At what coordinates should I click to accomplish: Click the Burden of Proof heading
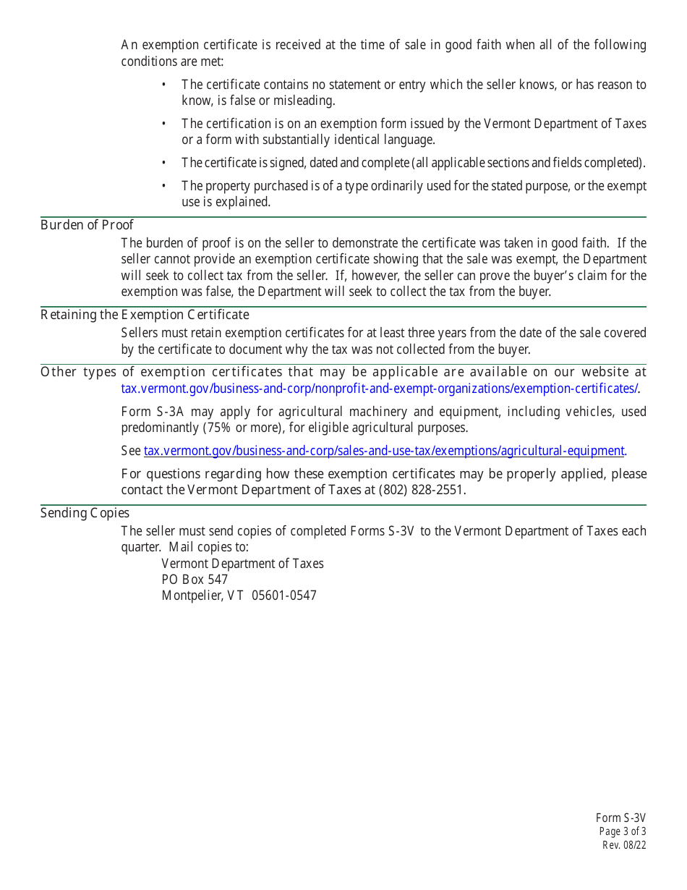pos(87,225)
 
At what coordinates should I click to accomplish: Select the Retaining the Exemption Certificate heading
pos(145,315)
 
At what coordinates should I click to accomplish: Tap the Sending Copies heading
pos(85,513)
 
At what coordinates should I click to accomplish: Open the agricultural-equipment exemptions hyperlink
pos(384,451)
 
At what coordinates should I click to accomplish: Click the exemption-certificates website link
pos(379,389)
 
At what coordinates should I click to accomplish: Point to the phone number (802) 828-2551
pos(422,490)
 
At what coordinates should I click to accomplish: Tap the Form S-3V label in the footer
pos(620,818)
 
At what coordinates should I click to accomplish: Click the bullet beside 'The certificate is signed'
pos(164,163)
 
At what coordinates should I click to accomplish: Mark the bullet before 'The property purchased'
pos(164,186)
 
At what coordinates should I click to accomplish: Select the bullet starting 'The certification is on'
pos(164,124)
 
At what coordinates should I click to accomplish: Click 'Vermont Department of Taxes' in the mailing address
pos(242,564)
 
